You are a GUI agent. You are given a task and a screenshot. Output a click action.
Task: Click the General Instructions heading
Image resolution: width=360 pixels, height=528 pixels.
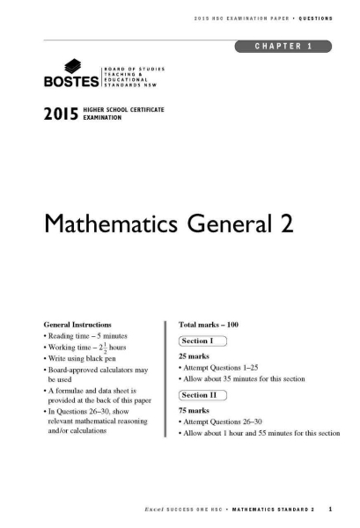(84, 325)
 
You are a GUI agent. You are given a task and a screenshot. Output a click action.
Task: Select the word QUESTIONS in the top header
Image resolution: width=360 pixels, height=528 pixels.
(314, 19)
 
